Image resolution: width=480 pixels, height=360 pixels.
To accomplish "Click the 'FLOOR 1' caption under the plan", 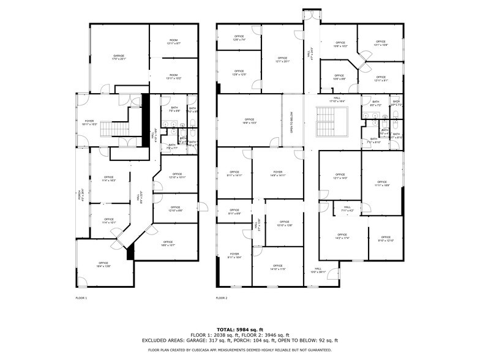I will click(81, 298).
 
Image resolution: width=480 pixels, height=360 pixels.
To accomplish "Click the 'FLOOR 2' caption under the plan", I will click(222, 298).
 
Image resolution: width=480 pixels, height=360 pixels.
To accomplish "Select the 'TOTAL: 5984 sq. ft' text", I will click(240, 329).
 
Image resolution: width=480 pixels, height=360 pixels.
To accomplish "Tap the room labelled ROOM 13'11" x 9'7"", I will click(174, 42).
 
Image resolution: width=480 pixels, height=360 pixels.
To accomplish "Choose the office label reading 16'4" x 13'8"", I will click(103, 264).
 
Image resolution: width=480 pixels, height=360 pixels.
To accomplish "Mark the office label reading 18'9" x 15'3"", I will click(249, 121).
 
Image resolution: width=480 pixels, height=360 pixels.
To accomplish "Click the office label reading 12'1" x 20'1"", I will click(282, 60).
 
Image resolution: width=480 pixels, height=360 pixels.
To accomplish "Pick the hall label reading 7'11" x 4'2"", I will click(347, 209).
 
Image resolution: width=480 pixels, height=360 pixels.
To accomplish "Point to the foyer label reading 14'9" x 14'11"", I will click(278, 173).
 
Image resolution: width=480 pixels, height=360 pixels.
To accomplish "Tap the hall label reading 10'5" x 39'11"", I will click(318, 269).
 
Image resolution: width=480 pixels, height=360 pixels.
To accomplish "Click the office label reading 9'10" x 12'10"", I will click(386, 239).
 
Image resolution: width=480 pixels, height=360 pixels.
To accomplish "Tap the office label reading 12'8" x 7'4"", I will click(239, 38).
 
